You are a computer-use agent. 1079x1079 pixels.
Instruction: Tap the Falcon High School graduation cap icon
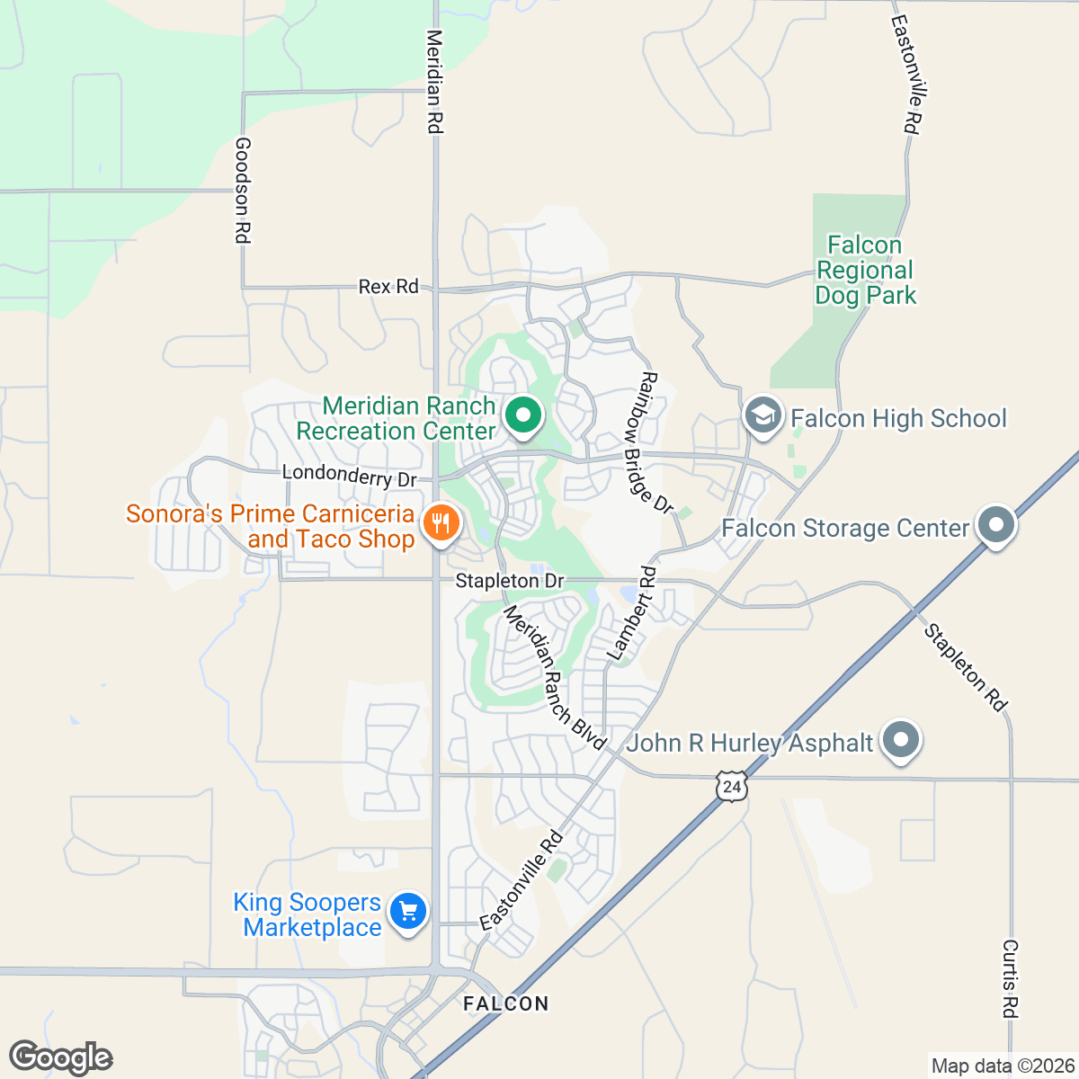pyautogui.click(x=762, y=416)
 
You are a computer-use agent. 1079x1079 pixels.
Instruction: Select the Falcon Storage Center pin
pyautogui.click(x=995, y=525)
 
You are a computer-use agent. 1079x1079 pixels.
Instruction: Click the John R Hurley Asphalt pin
pyautogui.click(x=902, y=741)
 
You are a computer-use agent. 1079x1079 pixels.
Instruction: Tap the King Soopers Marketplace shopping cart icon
pyautogui.click(x=409, y=912)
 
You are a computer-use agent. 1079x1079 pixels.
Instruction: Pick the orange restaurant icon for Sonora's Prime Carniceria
pyautogui.click(x=441, y=522)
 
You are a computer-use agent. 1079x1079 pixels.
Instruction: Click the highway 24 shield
pyautogui.click(x=732, y=787)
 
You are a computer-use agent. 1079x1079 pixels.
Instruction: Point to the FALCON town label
pyautogui.click(x=505, y=1003)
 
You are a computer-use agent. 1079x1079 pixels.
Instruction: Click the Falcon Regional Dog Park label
pyautogui.click(x=865, y=270)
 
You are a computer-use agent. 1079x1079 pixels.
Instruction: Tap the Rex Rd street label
pyautogui.click(x=388, y=287)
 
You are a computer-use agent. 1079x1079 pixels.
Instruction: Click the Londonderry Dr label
pyautogui.click(x=350, y=475)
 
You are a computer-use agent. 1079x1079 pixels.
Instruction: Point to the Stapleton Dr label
pyautogui.click(x=509, y=581)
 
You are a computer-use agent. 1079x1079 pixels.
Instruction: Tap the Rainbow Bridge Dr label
pyautogui.click(x=654, y=442)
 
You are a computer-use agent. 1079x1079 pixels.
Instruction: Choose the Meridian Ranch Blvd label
pyautogui.click(x=554, y=677)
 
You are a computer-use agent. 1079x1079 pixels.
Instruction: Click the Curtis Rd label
pyautogui.click(x=1011, y=978)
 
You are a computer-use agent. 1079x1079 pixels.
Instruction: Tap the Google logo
pyautogui.click(x=61, y=1057)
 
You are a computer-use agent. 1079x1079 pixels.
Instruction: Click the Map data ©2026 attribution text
pyautogui.click(x=1002, y=1066)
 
